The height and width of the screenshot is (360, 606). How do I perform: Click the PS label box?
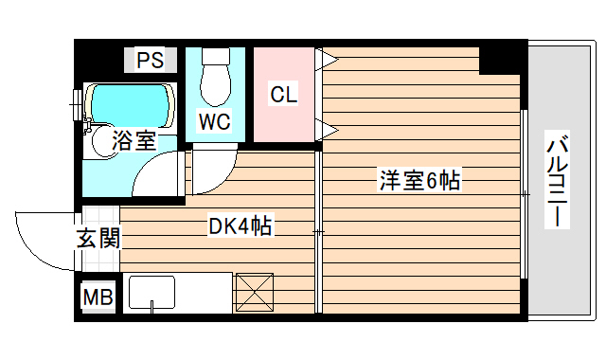point(150,62)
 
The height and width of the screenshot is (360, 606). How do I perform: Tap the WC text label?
point(213,120)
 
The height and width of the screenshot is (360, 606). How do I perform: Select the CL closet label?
point(283,95)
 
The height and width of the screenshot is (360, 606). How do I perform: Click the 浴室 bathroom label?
point(134,142)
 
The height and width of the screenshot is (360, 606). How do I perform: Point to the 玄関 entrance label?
point(98,238)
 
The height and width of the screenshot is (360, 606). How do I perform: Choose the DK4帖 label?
point(241,226)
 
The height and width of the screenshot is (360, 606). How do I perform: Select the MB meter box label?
point(98,297)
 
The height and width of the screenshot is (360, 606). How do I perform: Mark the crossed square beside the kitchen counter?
point(254,292)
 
